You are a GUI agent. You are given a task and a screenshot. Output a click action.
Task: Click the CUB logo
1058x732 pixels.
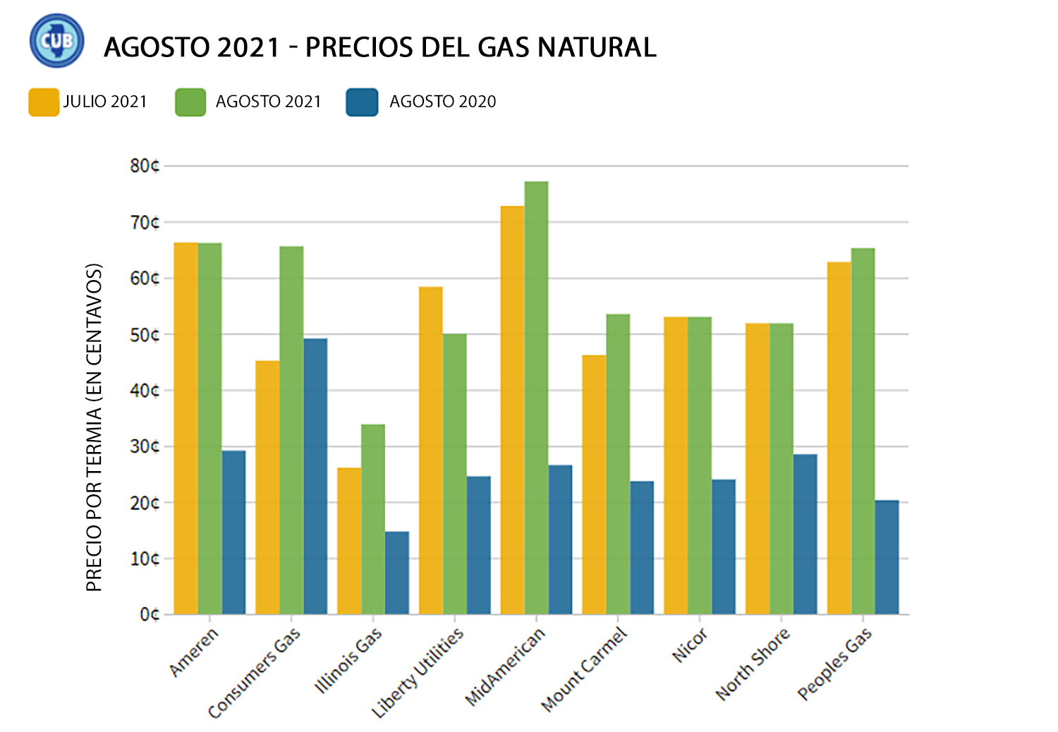(x=56, y=41)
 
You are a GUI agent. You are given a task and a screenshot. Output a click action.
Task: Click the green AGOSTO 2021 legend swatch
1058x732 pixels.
(x=190, y=102)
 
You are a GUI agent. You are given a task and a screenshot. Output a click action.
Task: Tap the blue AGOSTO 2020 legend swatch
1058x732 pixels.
(x=362, y=102)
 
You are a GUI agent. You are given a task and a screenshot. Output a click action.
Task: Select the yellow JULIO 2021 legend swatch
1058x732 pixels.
(x=44, y=102)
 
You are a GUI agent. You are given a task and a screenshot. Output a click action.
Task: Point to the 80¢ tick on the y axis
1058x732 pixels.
(x=145, y=166)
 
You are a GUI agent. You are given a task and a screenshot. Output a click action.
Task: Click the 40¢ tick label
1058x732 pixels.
(x=145, y=391)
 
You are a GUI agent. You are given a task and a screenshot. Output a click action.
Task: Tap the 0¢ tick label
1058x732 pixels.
(x=149, y=615)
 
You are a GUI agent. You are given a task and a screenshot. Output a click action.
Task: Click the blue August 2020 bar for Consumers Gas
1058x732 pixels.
(x=315, y=477)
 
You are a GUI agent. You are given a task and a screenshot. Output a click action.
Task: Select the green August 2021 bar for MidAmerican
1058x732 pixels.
(x=536, y=398)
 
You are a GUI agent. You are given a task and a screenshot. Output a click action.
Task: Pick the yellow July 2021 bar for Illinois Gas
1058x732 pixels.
(x=349, y=541)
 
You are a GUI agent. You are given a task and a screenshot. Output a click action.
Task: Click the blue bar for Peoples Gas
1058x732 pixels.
(x=887, y=557)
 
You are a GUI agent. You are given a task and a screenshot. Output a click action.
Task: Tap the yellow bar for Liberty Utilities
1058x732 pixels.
(x=431, y=451)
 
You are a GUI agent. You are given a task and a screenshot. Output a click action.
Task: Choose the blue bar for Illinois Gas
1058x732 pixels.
(x=397, y=573)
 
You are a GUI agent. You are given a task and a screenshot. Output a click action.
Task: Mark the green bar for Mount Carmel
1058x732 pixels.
(x=618, y=464)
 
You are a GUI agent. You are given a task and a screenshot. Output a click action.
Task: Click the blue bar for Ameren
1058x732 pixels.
(x=233, y=532)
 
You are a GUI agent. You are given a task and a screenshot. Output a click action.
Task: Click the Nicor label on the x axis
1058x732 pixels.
(x=690, y=645)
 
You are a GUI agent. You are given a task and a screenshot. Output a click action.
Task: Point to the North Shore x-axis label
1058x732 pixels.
(x=753, y=664)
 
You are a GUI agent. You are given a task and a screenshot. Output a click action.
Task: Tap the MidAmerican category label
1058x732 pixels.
(x=506, y=666)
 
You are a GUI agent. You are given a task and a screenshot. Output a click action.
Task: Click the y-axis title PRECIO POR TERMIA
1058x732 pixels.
(x=95, y=427)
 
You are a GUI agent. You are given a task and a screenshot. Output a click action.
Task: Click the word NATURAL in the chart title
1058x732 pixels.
(x=597, y=47)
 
